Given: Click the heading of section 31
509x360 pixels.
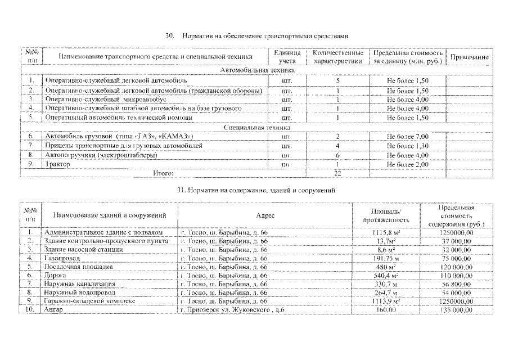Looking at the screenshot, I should [256, 191].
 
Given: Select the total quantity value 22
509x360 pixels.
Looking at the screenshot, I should [337, 173].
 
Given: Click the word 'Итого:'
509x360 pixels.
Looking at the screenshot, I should [163, 173].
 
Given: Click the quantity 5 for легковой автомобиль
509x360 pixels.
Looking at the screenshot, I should [337, 81].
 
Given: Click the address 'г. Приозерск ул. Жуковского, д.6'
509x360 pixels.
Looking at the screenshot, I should [229, 310].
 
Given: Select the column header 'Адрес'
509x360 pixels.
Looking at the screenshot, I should [265, 215].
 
